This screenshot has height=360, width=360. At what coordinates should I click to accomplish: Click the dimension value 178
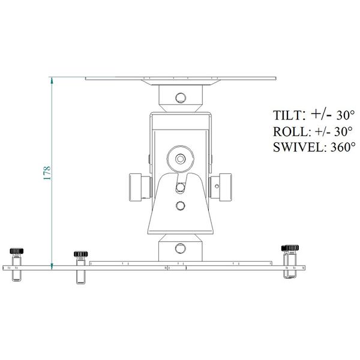46,173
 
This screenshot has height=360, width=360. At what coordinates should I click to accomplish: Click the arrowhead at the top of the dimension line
52,80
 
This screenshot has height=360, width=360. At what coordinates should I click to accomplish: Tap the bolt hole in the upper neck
179,97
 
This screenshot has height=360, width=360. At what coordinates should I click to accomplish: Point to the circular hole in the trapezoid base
179,205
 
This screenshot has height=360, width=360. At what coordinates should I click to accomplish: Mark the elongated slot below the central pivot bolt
179,187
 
